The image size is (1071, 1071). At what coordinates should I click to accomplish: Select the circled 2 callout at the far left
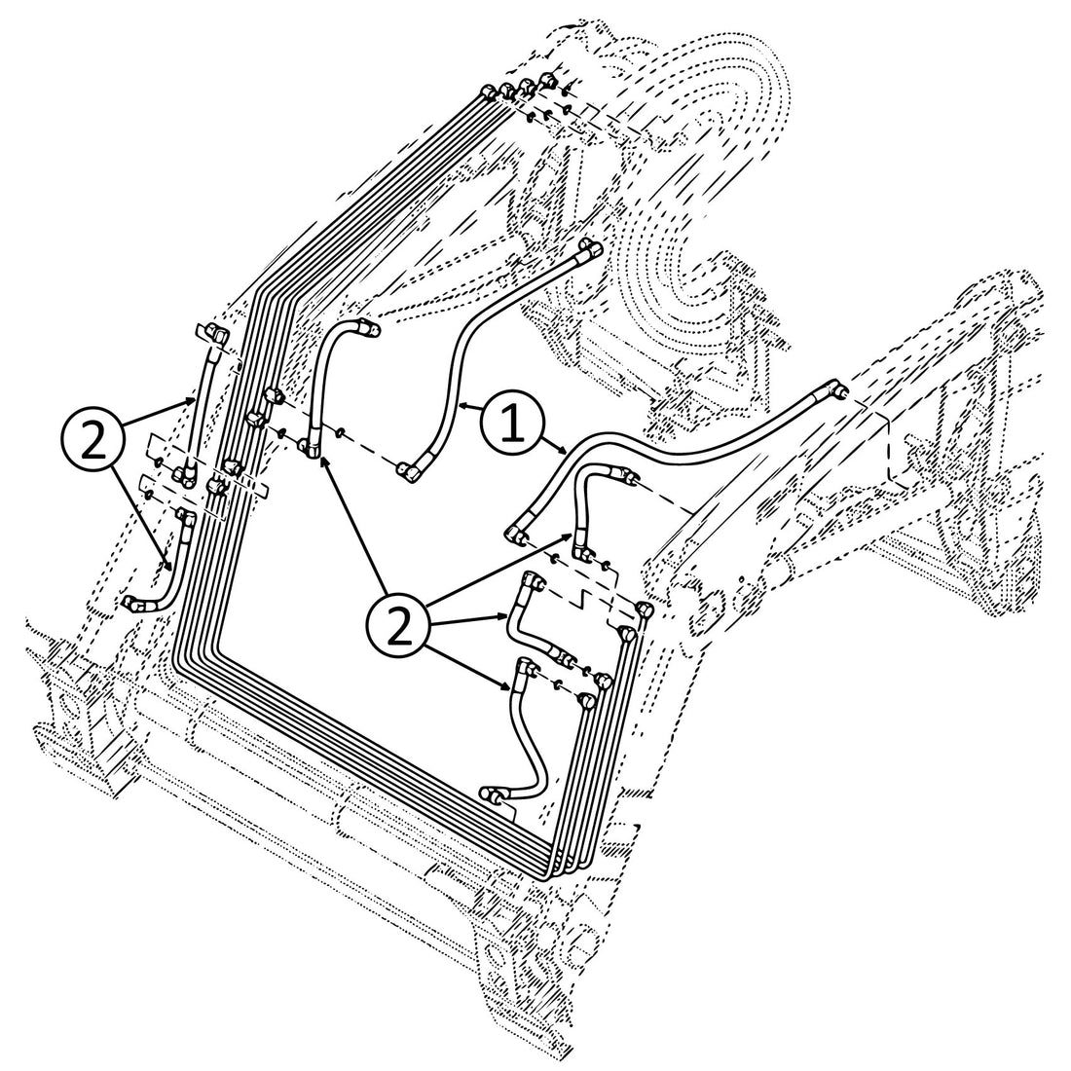(x=93, y=441)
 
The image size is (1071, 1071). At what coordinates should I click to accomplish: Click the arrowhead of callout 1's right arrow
(x=564, y=450)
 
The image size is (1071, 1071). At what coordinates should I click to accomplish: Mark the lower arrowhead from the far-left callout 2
(x=172, y=569)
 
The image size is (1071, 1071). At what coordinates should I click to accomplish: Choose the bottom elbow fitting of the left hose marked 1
(x=406, y=472)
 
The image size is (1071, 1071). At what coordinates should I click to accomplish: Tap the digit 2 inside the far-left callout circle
(x=93, y=441)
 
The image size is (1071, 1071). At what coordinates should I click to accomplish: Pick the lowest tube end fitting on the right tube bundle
(x=586, y=700)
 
